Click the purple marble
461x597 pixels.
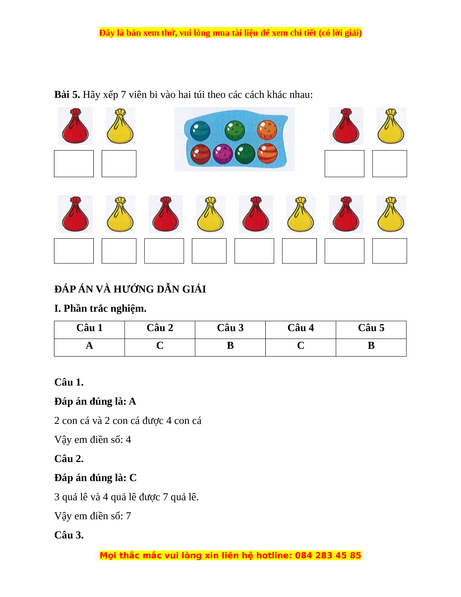pos(223,154)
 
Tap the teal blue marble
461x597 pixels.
pos(200,131)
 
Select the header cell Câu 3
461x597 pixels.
pos(230,328)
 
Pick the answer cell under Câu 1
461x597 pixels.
pos(89,346)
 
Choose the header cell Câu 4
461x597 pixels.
pos(300,328)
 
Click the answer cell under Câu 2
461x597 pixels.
pos(160,346)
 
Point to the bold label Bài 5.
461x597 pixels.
pos(67,95)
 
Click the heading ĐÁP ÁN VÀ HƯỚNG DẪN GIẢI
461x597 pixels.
pos(130,289)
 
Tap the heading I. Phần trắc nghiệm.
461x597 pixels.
pos(100,308)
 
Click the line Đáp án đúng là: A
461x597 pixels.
pos(95,401)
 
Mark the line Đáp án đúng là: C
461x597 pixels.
pos(95,478)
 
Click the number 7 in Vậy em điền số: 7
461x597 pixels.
pos(128,516)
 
